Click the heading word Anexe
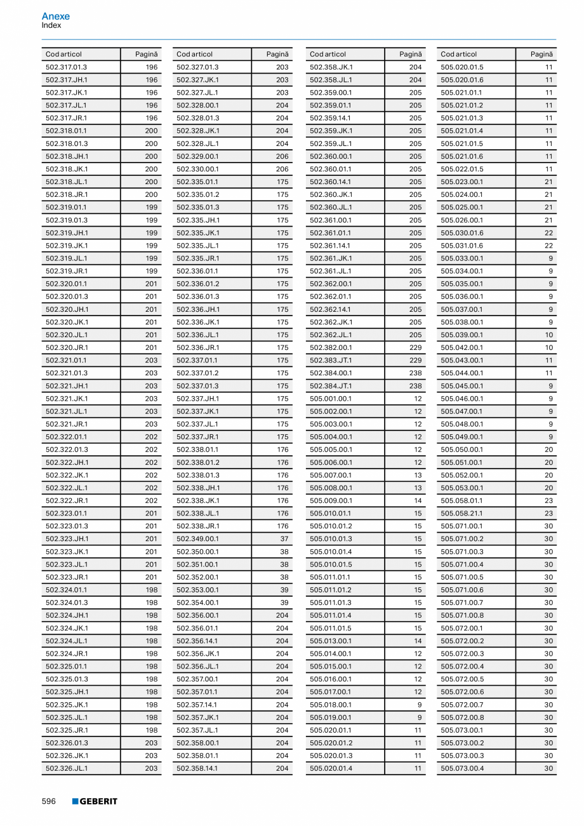point(56,16)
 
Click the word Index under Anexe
point(51,25)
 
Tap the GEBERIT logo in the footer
point(95,801)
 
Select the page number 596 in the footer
point(49,801)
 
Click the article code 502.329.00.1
point(197,156)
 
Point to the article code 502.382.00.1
point(331,347)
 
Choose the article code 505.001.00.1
point(331,399)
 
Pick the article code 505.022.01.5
point(462,169)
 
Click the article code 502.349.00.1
point(197,538)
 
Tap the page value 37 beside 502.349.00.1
point(284,538)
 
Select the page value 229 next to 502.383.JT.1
point(415,360)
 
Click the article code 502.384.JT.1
point(331,385)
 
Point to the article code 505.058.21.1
point(462,513)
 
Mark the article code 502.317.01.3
point(67,67)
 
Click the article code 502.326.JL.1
point(67,768)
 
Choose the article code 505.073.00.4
point(462,768)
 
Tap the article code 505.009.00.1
point(331,500)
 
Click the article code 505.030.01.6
point(462,232)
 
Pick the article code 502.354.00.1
point(197,603)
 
